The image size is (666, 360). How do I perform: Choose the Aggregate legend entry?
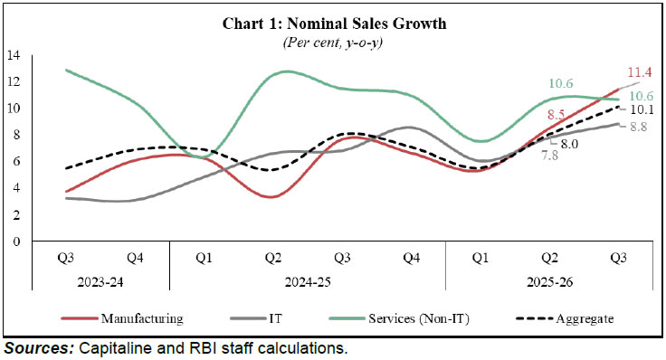point(568,317)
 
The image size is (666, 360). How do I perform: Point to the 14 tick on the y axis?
point(14,55)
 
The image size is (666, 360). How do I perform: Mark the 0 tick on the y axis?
point(16,242)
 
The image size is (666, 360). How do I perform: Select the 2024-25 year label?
point(308,282)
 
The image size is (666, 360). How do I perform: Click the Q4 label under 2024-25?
point(411,259)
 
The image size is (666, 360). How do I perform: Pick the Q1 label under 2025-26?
point(480,259)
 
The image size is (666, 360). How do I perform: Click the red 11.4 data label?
point(640,72)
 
